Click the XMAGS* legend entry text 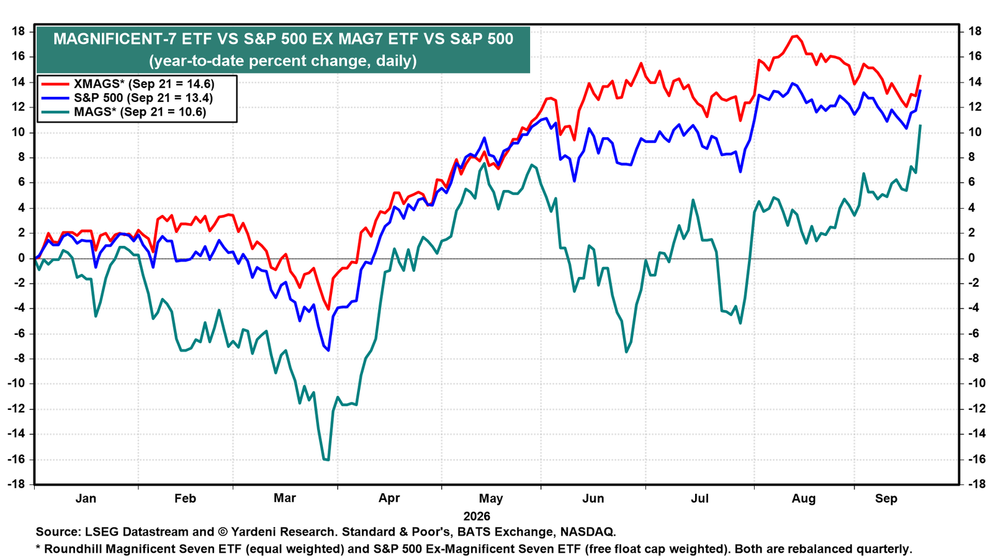(144, 84)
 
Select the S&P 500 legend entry (143, 98)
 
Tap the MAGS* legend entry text (140, 111)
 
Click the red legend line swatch (55, 84)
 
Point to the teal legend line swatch (55, 112)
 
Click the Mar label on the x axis (285, 498)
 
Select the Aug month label (804, 499)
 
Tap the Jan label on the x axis (86, 498)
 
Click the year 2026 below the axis (477, 516)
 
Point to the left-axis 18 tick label (18, 32)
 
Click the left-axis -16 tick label (16, 459)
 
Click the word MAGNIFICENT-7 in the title (115, 39)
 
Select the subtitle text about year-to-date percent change (283, 60)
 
